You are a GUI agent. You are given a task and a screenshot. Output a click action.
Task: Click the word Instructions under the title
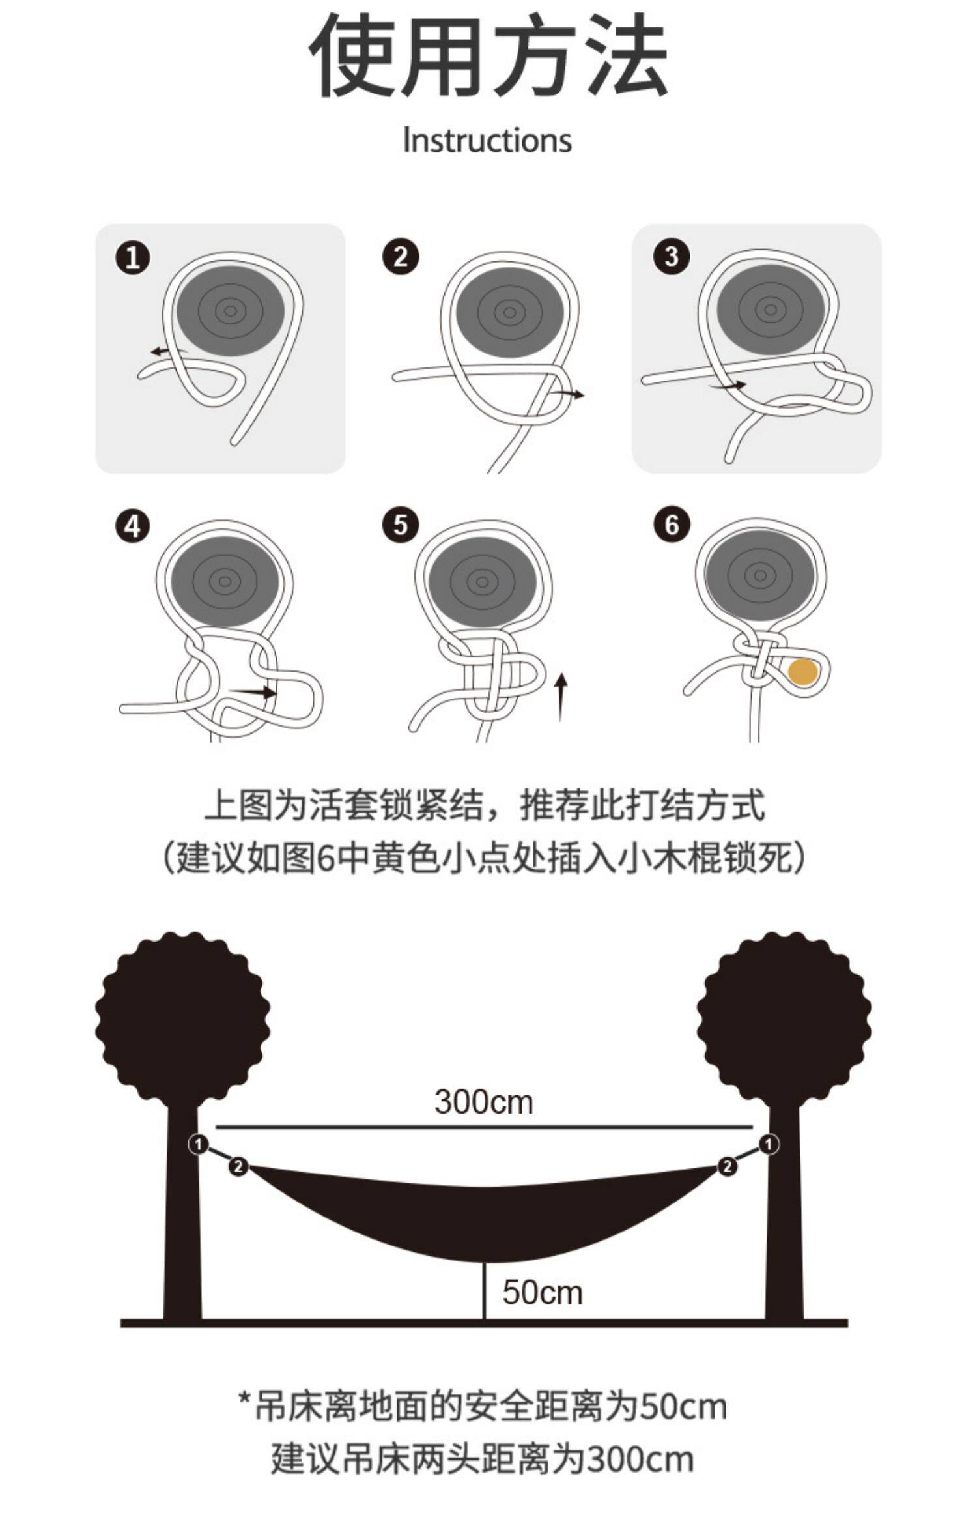(x=487, y=141)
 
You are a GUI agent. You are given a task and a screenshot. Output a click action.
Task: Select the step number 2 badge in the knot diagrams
(x=401, y=257)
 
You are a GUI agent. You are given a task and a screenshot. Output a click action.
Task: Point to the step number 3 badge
(x=671, y=257)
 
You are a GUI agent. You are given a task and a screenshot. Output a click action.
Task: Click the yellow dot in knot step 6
(x=802, y=672)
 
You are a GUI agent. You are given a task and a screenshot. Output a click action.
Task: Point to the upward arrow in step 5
(x=561, y=698)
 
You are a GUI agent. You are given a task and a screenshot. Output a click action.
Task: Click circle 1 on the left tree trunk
(x=199, y=1144)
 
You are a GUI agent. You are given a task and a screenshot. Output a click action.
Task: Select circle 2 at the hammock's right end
(x=728, y=1166)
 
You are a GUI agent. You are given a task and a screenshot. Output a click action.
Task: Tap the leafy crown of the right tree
(x=784, y=1023)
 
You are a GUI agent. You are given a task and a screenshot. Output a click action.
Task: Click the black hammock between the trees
(x=483, y=1212)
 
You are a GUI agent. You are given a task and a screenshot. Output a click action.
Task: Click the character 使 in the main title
(x=352, y=55)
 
